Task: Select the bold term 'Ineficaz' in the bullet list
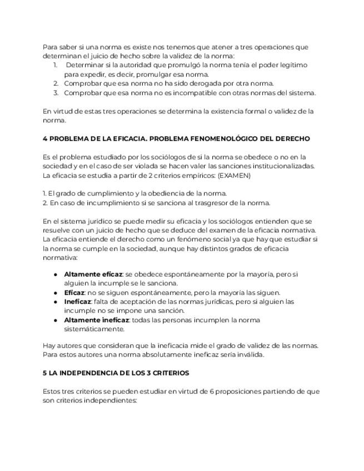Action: click(77, 302)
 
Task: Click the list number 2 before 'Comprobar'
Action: click(56, 83)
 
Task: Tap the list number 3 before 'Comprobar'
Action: click(56, 93)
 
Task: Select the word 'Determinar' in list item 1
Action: click(84, 65)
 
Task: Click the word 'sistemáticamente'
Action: click(94, 329)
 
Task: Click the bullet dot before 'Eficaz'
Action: click(56, 293)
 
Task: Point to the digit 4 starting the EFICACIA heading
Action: click(45, 138)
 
